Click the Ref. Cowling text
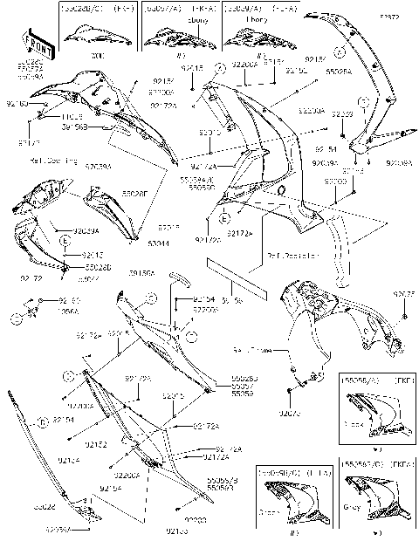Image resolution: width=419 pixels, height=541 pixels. tap(51, 161)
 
